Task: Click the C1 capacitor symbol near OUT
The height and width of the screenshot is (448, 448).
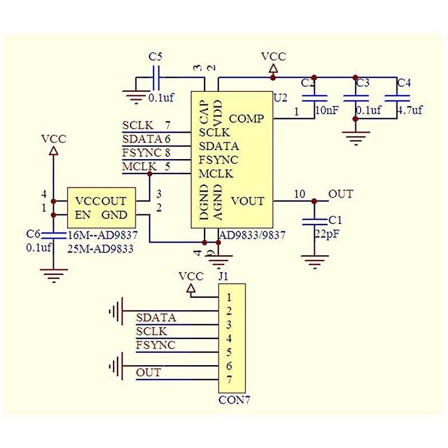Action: [314, 222]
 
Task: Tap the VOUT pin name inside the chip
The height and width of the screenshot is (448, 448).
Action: [247, 200]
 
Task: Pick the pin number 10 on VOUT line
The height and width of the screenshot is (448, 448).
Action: [300, 194]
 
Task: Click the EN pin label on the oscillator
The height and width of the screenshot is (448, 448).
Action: [82, 215]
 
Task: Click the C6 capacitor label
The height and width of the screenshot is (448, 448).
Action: [33, 234]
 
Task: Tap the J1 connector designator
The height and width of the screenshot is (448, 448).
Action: [223, 276]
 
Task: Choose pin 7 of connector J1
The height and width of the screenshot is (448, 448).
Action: [229, 380]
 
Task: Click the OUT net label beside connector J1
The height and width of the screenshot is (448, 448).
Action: [148, 372]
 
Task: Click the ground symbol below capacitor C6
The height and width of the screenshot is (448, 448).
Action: [54, 274]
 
